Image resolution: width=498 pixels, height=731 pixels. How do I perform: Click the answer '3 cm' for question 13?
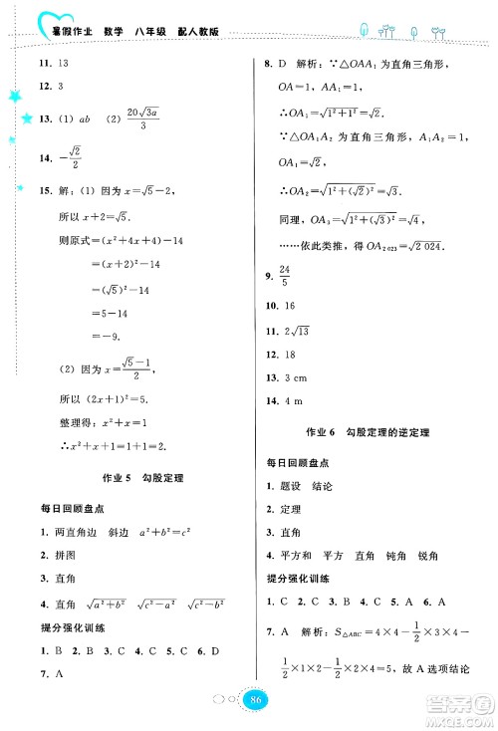click(296, 377)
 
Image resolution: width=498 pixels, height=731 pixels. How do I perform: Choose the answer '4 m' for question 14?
click(293, 400)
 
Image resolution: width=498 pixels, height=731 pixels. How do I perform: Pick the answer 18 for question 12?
click(290, 354)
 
